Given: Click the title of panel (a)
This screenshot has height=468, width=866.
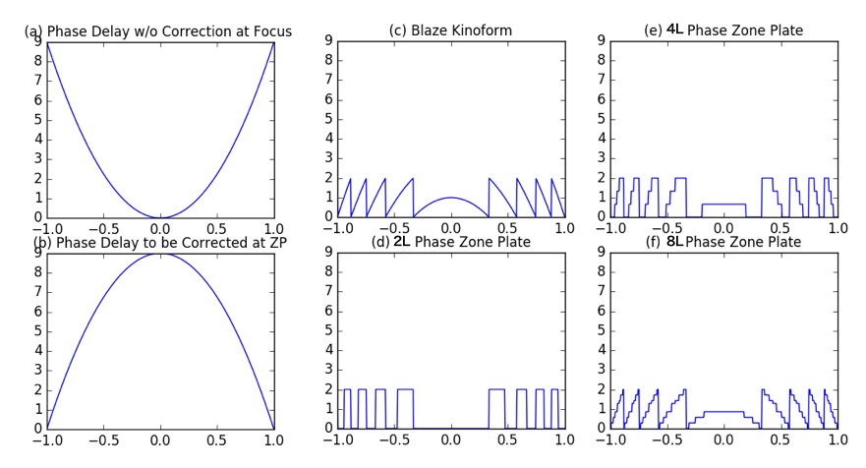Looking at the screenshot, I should click(157, 32).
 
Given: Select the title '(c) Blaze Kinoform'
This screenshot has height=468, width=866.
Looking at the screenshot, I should click(450, 32).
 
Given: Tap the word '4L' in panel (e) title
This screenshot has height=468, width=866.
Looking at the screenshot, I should click(676, 30).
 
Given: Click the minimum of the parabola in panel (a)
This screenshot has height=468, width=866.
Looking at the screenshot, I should click(161, 217).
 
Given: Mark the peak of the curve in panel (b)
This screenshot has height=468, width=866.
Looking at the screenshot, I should click(161, 254).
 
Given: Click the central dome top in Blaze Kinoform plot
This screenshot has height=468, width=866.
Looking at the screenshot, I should click(450, 198).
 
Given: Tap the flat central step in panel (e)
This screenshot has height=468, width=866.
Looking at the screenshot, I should click(722, 205).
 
